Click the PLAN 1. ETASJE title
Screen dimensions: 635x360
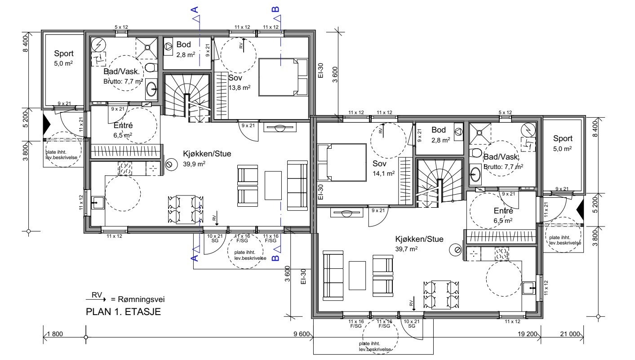[123, 312]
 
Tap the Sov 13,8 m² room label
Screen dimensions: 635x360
[239, 83]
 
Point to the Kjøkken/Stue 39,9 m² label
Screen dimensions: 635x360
[207, 159]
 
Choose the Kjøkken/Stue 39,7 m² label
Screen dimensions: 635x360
[419, 244]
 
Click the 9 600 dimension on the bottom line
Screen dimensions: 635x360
[302, 334]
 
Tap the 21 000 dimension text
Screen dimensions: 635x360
[570, 334]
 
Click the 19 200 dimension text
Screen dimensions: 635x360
[528, 334]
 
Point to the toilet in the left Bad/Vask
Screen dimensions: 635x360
[151, 67]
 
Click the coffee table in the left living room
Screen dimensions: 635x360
[273, 185]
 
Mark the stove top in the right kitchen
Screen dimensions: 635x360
[502, 253]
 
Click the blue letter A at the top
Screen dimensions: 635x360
[195, 9]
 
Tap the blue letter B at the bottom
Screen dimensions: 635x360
[275, 258]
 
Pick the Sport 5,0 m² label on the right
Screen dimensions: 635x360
[563, 143]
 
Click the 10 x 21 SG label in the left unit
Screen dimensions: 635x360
[215, 238]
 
